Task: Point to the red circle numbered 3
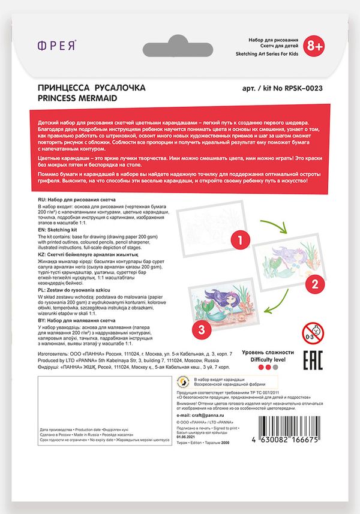[x=202, y=328]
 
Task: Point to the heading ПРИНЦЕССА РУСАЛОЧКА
[x=91, y=88]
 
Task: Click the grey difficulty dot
[x=275, y=367]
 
